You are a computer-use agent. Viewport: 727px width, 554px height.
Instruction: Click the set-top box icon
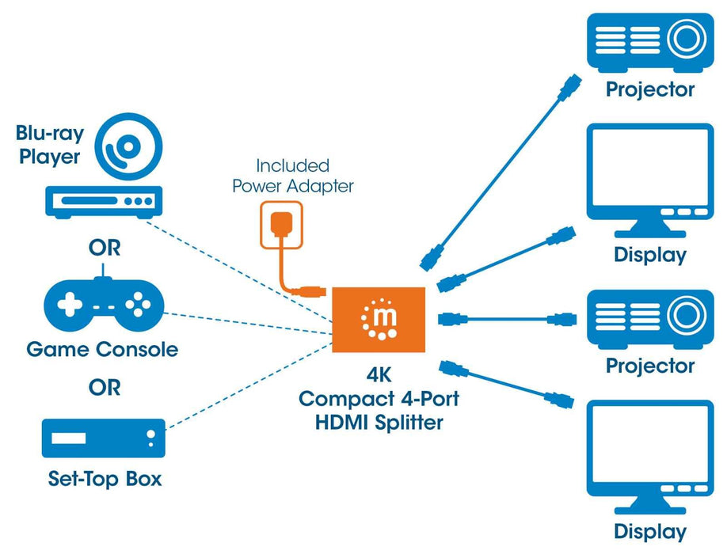[103, 438]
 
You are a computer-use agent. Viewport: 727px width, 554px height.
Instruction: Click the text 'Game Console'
[102, 349]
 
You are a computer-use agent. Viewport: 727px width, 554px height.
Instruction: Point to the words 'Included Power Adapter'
[292, 176]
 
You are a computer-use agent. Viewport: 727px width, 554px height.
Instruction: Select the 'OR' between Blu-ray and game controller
[104, 248]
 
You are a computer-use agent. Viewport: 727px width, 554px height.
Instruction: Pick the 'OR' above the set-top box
[104, 388]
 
